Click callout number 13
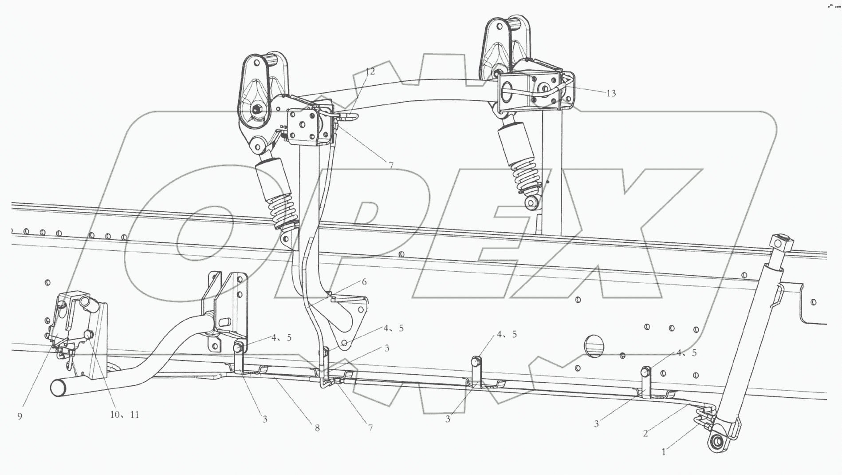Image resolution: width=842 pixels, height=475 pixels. click(611, 93)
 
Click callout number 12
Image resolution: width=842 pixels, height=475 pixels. click(370, 71)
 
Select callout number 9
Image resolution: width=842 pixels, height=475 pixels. click(20, 416)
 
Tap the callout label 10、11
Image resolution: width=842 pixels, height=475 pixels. click(124, 415)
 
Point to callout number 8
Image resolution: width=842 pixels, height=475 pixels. click(317, 428)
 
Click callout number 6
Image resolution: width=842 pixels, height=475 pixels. click(364, 282)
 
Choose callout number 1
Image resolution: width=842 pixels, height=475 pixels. click(663, 452)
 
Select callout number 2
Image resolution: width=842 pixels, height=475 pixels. click(645, 433)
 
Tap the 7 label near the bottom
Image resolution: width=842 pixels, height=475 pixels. click(370, 427)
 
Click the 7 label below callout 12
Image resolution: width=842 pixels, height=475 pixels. click(391, 166)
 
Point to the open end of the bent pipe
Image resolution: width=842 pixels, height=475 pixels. click(59, 388)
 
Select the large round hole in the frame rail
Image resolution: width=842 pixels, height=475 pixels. click(594, 346)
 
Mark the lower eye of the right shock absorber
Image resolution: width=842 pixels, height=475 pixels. click(531, 204)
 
